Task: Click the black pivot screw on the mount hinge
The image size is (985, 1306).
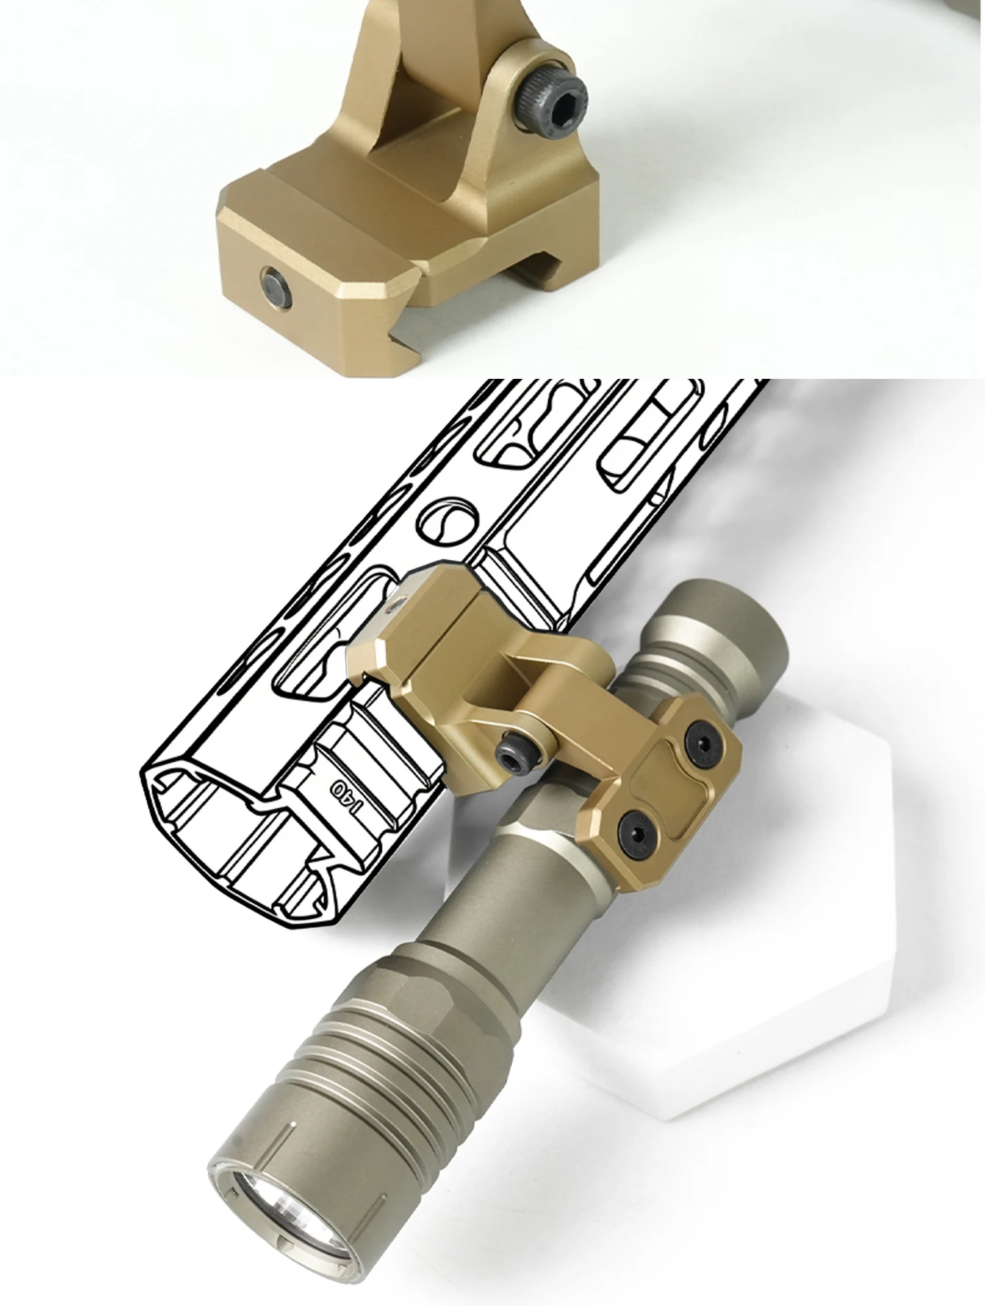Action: (x=515, y=753)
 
